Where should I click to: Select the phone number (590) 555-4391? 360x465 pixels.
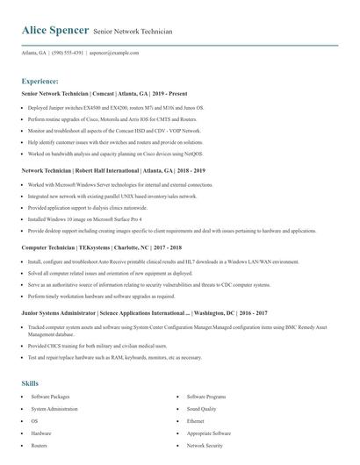point(68,53)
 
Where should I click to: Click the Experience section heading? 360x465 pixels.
point(40,80)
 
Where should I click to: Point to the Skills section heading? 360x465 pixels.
point(30,383)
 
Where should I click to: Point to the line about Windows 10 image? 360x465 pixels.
point(84,218)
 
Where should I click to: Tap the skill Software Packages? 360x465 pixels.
point(50,397)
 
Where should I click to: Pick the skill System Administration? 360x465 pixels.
point(54,409)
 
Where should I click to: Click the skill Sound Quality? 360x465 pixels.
point(201,409)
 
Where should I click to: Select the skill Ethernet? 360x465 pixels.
point(195,421)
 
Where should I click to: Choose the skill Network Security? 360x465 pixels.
point(205,446)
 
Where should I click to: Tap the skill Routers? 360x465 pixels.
point(40,446)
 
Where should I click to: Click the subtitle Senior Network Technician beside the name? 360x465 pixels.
point(133,32)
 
